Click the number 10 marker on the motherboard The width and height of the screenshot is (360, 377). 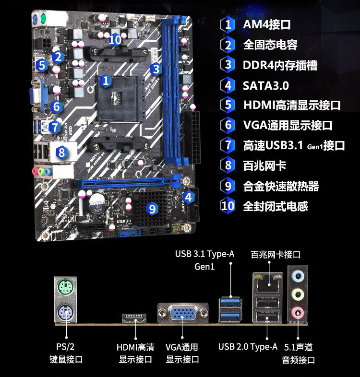(115, 40)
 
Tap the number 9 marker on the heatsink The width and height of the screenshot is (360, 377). (152, 209)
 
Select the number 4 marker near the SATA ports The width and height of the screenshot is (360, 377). (189, 198)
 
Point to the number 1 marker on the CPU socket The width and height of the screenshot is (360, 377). (106, 81)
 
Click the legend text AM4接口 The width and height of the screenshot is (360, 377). (266, 24)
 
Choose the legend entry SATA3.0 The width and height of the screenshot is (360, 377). (265, 85)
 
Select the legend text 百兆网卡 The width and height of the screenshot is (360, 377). (264, 165)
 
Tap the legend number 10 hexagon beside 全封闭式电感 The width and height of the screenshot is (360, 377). (228, 206)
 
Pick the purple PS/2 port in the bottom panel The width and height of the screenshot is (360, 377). (65, 313)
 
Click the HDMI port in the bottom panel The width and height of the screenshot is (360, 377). (134, 318)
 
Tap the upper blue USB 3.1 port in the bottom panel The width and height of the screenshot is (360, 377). (230, 303)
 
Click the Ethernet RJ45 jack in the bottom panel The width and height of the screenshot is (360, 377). (268, 284)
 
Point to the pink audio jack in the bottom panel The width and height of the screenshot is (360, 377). (298, 313)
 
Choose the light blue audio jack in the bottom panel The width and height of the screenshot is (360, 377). (298, 276)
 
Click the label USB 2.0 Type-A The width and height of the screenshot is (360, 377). (248, 347)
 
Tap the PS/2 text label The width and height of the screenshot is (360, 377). (65, 347)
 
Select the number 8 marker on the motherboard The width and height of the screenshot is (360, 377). (61, 152)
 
